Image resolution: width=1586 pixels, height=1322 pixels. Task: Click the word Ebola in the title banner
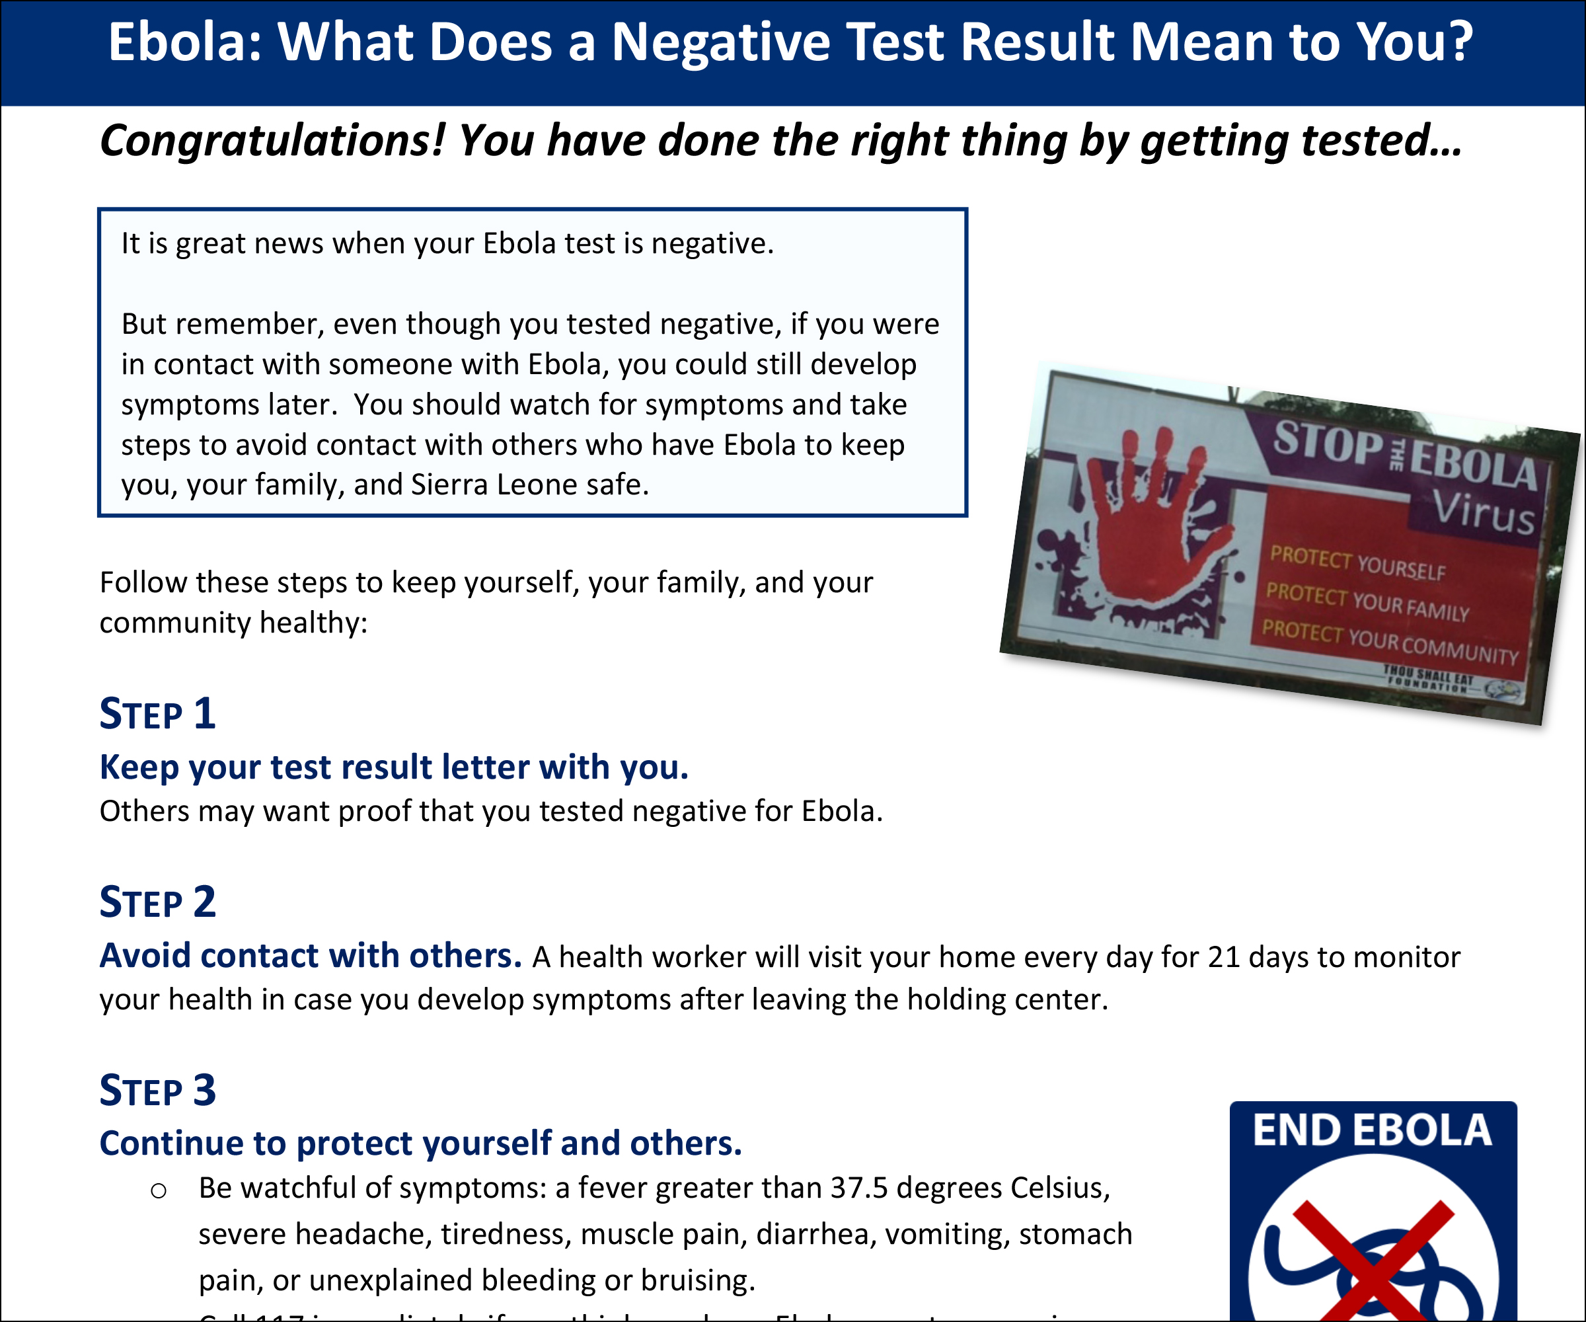coord(185,42)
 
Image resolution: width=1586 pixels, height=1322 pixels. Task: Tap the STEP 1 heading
coord(157,714)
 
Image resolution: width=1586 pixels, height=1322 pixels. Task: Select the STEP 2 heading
coord(157,902)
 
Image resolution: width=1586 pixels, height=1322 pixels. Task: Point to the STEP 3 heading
coord(157,1091)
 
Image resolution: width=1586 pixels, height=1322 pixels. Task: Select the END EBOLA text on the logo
coord(1373,1131)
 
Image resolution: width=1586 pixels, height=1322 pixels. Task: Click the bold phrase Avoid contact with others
coord(311,956)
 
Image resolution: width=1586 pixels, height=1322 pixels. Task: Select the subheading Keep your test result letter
coord(393,767)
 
